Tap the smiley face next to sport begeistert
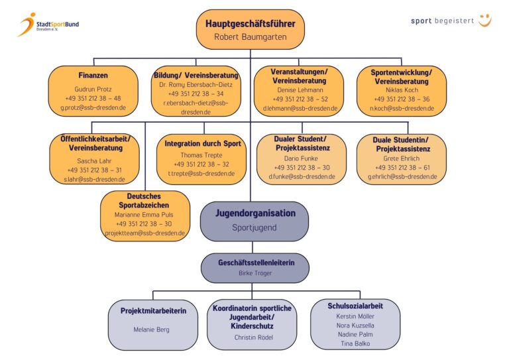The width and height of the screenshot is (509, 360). (x=485, y=21)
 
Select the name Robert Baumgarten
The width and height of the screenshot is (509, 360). (x=250, y=37)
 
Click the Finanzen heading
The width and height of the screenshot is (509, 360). (x=93, y=76)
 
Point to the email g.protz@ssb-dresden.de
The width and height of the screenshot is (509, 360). (x=93, y=107)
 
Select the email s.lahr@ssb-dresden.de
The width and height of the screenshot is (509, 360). (x=93, y=180)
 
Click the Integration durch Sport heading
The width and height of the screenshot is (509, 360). (x=203, y=144)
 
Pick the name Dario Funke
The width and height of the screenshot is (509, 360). (x=302, y=158)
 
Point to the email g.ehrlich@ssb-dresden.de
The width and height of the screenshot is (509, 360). (x=402, y=177)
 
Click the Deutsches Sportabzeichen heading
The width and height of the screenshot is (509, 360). (x=144, y=201)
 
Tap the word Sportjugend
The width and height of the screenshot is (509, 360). (x=254, y=227)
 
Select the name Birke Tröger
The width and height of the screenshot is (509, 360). (x=255, y=272)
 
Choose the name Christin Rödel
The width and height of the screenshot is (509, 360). (x=253, y=337)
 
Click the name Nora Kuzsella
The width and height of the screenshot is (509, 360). (x=355, y=326)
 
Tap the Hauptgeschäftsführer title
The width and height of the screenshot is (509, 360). (x=250, y=23)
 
